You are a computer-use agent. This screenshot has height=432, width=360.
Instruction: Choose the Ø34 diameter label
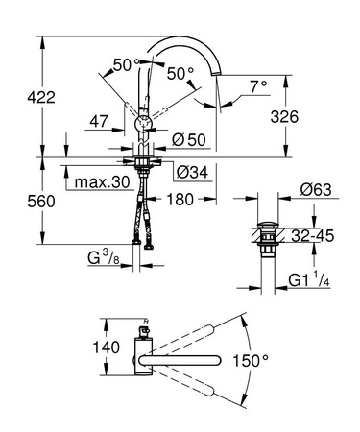192,173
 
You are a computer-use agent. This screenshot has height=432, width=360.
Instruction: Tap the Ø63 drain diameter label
315,190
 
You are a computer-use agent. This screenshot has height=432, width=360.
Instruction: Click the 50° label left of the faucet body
123,64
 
